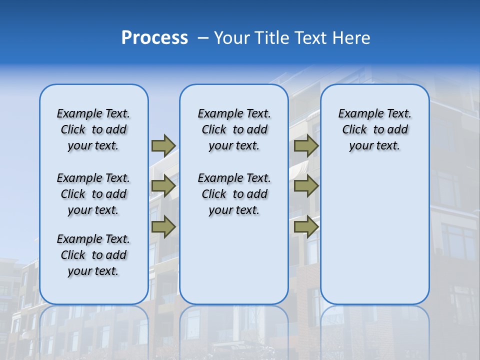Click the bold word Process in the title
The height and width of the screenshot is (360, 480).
[x=154, y=37]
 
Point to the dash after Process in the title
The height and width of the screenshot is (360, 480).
[x=203, y=38]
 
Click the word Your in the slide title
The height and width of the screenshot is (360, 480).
[x=232, y=37]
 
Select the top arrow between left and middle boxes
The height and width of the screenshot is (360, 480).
[x=163, y=145]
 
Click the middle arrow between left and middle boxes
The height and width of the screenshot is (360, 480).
[x=163, y=186]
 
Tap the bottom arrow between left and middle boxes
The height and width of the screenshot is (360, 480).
[x=163, y=227]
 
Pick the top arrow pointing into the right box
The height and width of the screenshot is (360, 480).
[x=306, y=145]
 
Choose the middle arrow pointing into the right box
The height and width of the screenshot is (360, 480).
[x=306, y=186]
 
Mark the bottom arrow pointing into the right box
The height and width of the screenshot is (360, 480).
[x=306, y=227]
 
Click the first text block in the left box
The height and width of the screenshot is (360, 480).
[x=93, y=129]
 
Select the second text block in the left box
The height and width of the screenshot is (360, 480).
[x=93, y=194]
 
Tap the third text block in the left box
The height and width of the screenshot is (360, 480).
[x=93, y=255]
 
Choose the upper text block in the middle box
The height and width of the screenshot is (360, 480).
[x=234, y=129]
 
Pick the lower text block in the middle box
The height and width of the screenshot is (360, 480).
[x=234, y=194]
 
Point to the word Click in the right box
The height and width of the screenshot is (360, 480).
[x=354, y=130]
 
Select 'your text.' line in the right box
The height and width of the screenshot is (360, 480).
[x=374, y=146]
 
